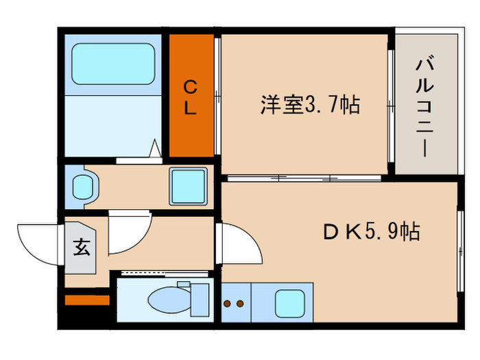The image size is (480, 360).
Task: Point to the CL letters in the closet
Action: (x=191, y=97)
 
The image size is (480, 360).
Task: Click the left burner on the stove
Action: (x=227, y=302)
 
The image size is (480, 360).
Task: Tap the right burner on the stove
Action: (x=240, y=302)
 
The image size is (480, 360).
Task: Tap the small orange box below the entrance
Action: (x=87, y=300)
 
